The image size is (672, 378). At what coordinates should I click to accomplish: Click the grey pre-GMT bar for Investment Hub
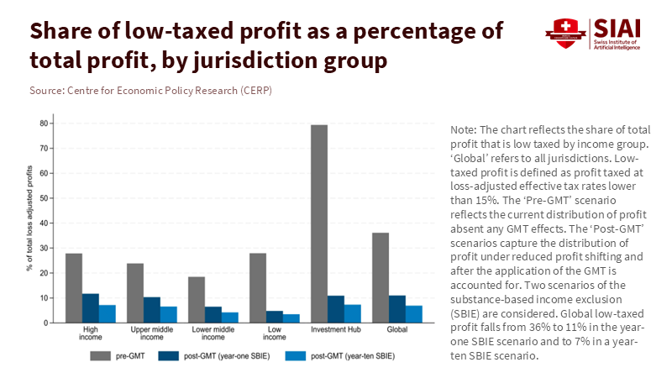pos(319,223)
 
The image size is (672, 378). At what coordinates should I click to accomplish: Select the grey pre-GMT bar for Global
pos(381,277)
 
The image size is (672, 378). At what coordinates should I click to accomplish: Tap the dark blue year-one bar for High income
pos(91,307)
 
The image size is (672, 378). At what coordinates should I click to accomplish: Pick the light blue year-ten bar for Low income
pos(291,318)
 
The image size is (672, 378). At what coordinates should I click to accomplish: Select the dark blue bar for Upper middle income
pos(152,310)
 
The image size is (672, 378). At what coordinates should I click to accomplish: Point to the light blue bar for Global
pos(413,314)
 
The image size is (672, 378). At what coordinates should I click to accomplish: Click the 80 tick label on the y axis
pos(45,123)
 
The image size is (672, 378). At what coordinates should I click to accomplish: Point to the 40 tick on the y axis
pos(45,223)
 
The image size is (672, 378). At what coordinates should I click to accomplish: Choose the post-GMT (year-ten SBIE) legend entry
pos(345,356)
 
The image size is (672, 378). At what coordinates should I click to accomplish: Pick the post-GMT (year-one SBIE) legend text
pos(220,356)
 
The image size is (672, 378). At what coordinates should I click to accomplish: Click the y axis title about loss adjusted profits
pos(29,223)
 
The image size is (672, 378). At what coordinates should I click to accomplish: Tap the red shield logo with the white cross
pos(561,31)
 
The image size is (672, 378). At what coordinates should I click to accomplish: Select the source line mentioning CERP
pos(150,89)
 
